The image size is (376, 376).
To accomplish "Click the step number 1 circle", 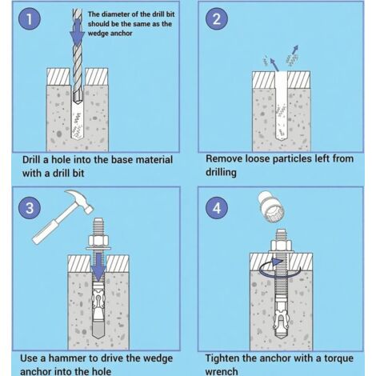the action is (x=30, y=19).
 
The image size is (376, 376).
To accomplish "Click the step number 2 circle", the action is (x=217, y=19).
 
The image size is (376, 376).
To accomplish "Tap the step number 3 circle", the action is (x=30, y=208).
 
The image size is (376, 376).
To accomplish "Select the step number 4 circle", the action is (x=217, y=208).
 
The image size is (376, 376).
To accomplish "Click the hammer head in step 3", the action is (x=80, y=200).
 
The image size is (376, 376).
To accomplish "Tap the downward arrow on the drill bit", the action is (x=77, y=32).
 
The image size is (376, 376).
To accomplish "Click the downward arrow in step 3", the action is (x=98, y=267).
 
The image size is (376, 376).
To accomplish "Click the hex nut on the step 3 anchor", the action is (x=98, y=240).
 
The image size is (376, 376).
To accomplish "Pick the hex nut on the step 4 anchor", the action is (x=281, y=245).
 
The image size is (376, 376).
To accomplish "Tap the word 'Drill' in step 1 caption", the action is (x=32, y=160).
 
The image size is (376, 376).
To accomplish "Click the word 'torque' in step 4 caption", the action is (x=338, y=358).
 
